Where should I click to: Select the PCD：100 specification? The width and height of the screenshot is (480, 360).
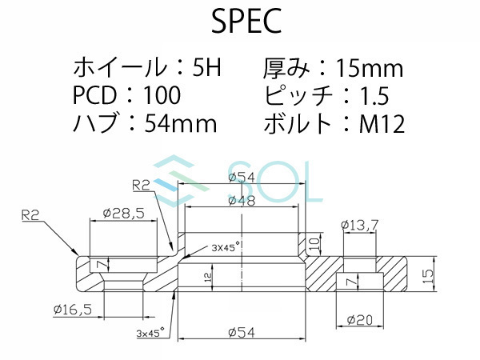pos(126,95)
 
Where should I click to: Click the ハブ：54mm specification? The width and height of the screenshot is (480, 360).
pos(145,124)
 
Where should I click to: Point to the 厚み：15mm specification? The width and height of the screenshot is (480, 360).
pos(333,67)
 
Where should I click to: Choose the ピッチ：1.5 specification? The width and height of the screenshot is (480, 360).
pos(325,95)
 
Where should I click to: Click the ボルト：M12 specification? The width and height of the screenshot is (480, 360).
pos(333,124)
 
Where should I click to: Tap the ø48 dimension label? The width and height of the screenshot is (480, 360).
pos(241,201)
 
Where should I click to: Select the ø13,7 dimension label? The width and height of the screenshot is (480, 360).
pos(359,226)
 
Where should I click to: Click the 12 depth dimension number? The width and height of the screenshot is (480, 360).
pos(206,277)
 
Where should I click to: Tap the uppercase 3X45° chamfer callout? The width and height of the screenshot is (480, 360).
pos(226,247)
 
